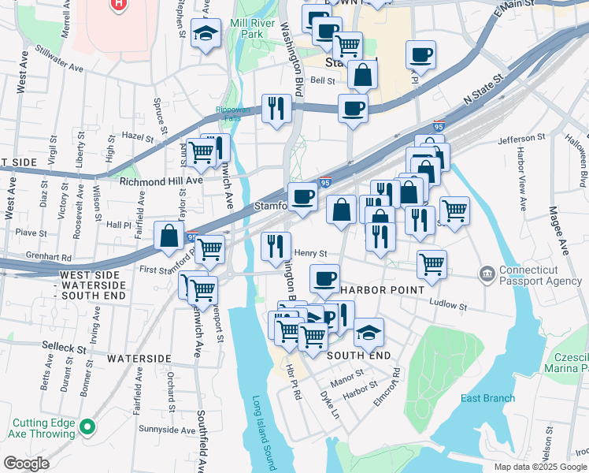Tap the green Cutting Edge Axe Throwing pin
(87, 428)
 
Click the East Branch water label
(487, 398)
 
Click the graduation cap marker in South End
(368, 331)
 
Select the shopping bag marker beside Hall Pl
(169, 236)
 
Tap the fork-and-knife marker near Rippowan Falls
(276, 108)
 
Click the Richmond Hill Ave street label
(161, 181)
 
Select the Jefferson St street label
(521, 139)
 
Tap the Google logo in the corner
(26, 464)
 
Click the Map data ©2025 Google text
(540, 467)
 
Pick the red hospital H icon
(119, 4)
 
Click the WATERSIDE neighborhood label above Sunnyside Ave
(139, 358)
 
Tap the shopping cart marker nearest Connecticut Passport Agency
(432, 264)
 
